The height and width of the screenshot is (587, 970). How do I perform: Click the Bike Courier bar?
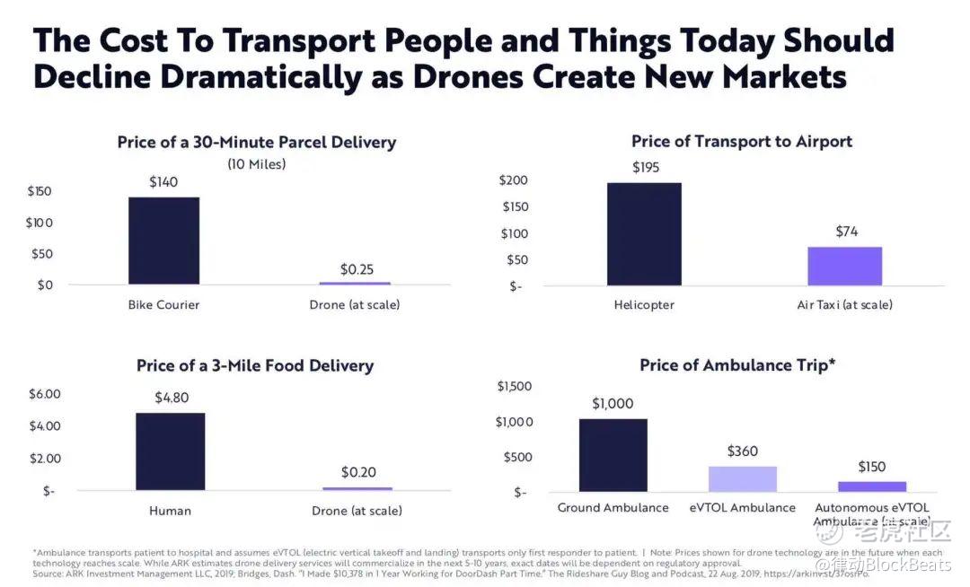(163, 241)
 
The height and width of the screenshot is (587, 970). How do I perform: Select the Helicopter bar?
(644, 233)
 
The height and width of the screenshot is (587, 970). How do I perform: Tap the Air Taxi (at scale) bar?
(844, 266)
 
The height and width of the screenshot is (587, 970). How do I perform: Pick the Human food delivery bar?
(170, 451)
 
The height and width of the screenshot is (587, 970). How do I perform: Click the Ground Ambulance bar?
(613, 455)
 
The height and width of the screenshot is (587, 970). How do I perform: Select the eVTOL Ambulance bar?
(742, 478)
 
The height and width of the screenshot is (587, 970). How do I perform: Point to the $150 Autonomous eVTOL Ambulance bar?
(872, 486)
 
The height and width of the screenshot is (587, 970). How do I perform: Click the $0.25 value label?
(357, 268)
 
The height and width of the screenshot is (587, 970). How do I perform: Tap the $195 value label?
(644, 167)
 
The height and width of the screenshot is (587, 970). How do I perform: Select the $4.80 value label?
(170, 398)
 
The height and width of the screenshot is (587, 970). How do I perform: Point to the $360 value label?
(742, 451)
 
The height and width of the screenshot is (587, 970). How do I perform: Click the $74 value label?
(846, 232)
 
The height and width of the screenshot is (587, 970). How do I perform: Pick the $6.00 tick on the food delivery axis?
(44, 394)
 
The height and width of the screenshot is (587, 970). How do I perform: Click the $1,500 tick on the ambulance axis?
(515, 386)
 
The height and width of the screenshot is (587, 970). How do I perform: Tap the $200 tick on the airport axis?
(516, 180)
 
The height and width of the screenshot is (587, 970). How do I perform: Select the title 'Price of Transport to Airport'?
(741, 141)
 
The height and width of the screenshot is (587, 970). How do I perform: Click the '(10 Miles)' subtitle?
(256, 164)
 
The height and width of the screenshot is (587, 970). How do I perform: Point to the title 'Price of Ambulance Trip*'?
(738, 365)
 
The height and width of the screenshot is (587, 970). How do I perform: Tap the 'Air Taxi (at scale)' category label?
(844, 305)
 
